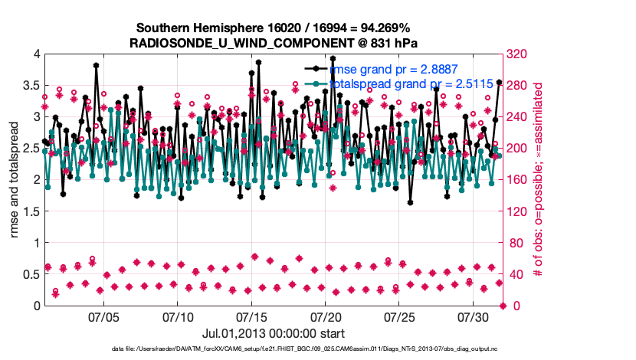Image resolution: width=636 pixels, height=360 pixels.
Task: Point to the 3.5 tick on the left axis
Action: point(31,85)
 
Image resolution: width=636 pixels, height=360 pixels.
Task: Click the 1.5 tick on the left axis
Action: point(31,211)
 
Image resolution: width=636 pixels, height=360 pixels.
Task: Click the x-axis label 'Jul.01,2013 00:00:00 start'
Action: point(274,333)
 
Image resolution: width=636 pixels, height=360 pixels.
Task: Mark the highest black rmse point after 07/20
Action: point(333,58)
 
